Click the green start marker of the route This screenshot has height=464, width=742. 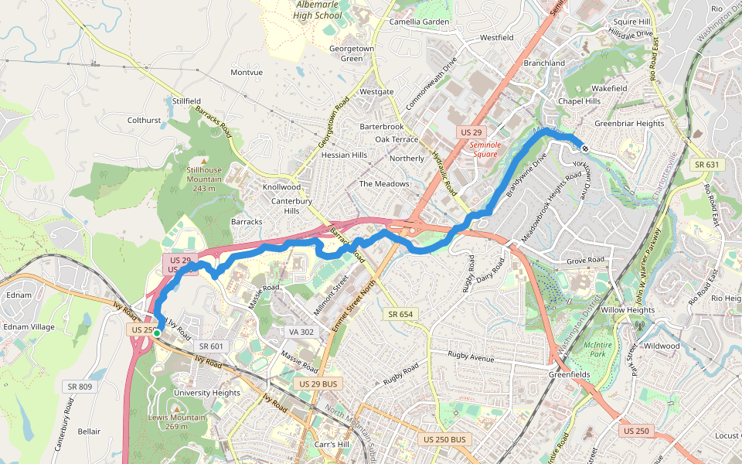(x=157, y=333)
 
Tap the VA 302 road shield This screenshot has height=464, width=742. (x=302, y=332)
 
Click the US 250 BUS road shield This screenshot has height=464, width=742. (x=445, y=439)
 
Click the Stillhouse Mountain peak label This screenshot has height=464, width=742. (x=204, y=175)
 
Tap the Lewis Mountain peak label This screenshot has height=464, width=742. (x=177, y=421)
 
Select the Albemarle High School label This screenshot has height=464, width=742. (x=319, y=10)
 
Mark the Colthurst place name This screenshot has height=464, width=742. (x=144, y=121)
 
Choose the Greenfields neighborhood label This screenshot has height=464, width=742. (x=570, y=374)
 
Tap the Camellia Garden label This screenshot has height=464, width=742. (x=419, y=22)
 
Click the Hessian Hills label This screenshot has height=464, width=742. (x=344, y=155)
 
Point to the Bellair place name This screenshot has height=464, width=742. (x=89, y=431)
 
